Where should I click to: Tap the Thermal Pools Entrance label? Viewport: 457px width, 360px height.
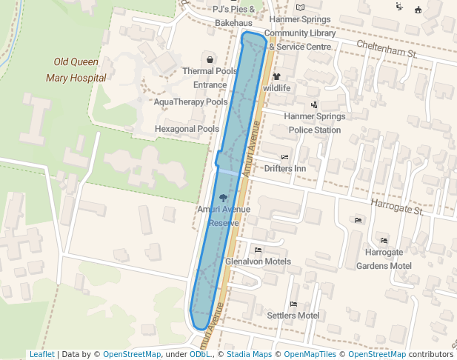(x=210, y=78)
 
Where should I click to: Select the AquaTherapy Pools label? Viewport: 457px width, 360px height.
(x=190, y=101)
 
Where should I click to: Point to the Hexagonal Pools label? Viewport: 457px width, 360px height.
(x=187, y=129)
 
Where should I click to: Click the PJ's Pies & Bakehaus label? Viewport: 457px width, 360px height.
(x=233, y=16)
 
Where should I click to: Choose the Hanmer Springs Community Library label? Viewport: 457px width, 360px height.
(x=300, y=33)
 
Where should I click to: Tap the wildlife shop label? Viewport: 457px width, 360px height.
(x=276, y=88)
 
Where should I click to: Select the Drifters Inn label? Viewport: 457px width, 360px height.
(x=285, y=168)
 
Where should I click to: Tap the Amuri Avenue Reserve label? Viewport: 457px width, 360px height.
(x=224, y=216)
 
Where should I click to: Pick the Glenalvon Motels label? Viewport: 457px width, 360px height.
(x=258, y=261)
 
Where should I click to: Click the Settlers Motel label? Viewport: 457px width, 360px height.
(x=293, y=316)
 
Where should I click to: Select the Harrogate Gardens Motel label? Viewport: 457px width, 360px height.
(x=384, y=259)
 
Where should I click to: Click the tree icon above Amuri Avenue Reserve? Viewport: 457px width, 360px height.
(x=224, y=197)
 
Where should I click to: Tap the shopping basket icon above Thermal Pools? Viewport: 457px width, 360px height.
(x=210, y=59)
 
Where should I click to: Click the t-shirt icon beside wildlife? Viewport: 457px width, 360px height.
(x=276, y=76)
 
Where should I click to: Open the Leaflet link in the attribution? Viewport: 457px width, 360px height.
(x=41, y=354)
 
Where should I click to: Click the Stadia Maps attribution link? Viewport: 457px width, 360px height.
(x=250, y=354)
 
